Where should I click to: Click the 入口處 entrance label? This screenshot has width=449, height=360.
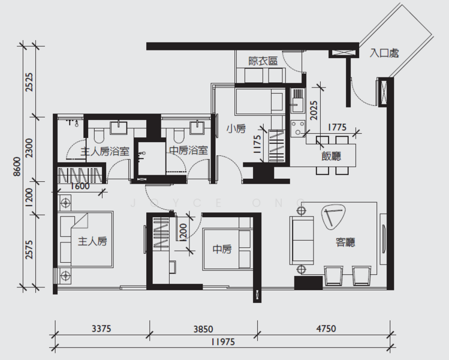pos(384,53)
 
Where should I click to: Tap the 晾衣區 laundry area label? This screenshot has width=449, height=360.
pos(263,61)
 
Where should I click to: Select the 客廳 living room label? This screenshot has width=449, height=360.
pos(345,242)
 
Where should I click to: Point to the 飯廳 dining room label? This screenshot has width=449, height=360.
pos(332,156)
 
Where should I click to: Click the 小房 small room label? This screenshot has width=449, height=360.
pos(236,128)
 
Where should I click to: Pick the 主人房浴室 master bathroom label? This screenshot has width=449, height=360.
pos(105,151)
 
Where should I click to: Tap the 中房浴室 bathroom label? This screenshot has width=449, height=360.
pos(188,150)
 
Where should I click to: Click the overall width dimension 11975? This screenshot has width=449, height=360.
pos(223,342)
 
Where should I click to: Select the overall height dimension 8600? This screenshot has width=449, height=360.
pos(17,167)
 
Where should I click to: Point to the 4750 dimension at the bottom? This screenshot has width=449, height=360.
pos(326,328)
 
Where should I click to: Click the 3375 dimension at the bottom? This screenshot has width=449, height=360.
pos(101,328)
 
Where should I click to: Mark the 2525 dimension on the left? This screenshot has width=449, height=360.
pos(29,82)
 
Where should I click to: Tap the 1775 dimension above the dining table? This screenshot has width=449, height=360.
pos(337,127)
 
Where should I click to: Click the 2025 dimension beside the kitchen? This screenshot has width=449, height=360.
pos(314,110)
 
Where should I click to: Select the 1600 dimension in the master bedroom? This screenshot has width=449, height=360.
pos(80,187)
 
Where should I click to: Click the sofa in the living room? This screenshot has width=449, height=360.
pos(302,240)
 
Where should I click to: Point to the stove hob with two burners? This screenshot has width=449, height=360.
pos(298,128)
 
